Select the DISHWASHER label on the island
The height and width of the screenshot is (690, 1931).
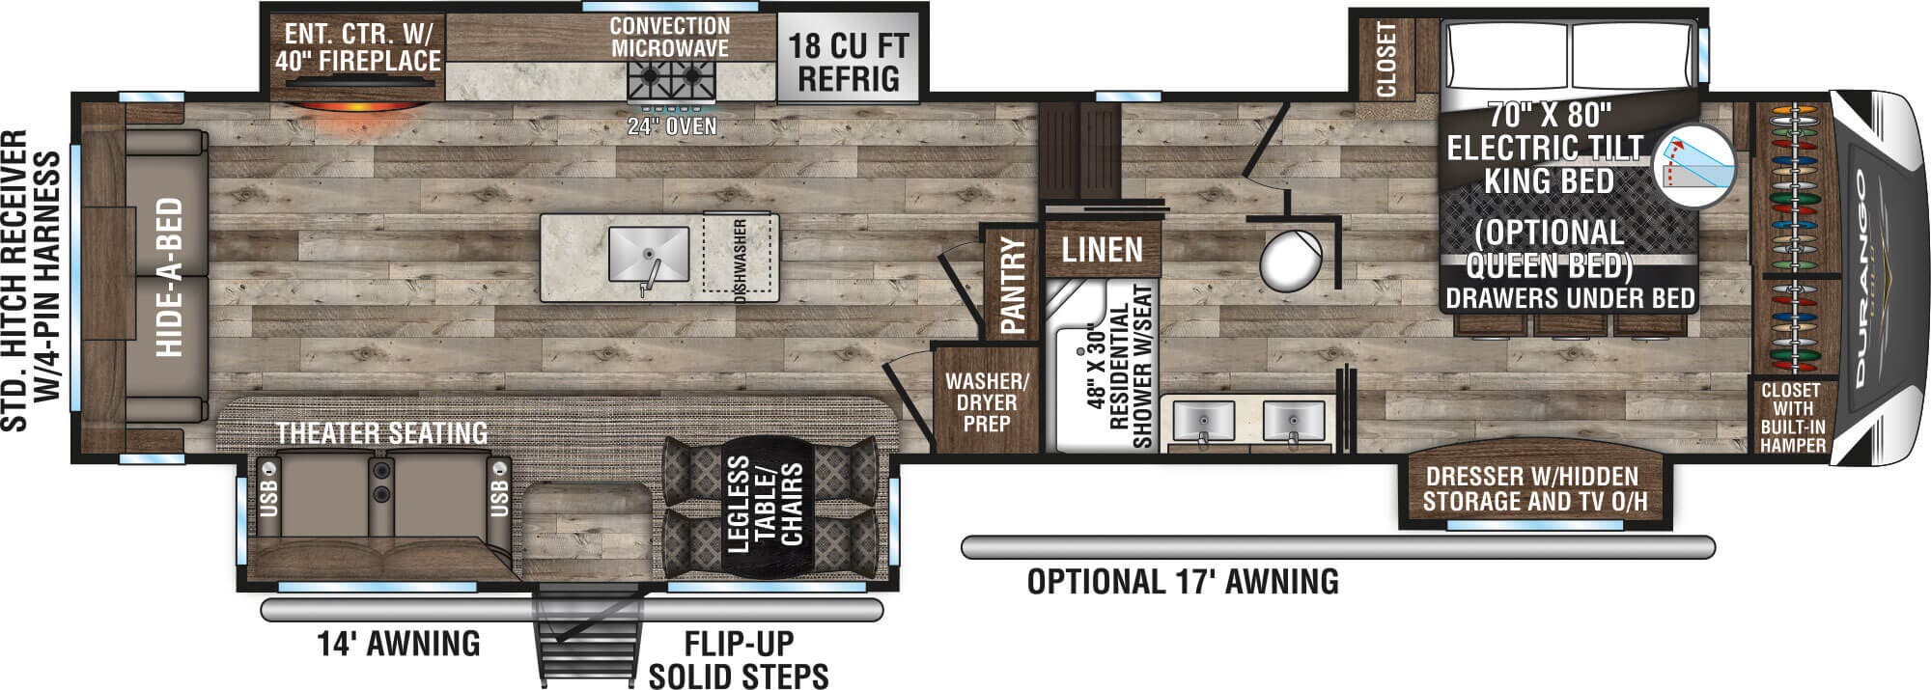tap(741, 261)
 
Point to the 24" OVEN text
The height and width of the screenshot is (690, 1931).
tap(672, 125)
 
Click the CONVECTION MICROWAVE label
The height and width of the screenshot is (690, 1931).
tap(670, 37)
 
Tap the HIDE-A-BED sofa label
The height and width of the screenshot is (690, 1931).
tap(169, 277)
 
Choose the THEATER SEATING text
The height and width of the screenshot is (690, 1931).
tap(382, 433)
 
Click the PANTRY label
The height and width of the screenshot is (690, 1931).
tap(1013, 286)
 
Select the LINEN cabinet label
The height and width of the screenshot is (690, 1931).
tap(1102, 250)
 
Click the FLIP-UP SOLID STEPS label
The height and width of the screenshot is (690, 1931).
tap(739, 659)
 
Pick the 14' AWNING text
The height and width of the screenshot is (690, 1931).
tap(399, 643)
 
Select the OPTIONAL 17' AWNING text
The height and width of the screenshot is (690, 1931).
tap(1183, 582)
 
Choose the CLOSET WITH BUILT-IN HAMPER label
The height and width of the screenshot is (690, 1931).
tap(1792, 418)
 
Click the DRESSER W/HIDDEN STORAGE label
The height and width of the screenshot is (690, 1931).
tap(1535, 489)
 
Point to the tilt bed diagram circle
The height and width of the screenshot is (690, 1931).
tap(1694, 165)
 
